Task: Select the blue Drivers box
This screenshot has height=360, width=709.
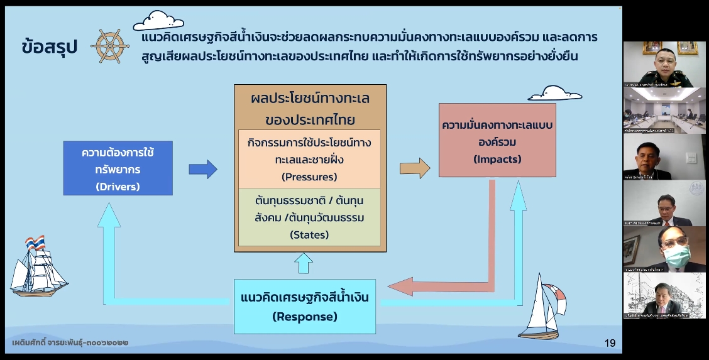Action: (118, 168)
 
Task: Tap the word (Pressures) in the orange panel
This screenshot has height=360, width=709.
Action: (310, 177)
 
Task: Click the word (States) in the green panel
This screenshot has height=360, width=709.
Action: (310, 235)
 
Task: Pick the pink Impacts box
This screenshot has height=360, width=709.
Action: (497, 141)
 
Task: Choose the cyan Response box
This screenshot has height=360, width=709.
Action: (305, 306)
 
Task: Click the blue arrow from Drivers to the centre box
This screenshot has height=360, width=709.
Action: (203, 168)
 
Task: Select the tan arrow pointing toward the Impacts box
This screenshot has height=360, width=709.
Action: (415, 168)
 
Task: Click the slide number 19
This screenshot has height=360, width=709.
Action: (610, 343)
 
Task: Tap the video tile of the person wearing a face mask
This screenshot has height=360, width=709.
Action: (664, 249)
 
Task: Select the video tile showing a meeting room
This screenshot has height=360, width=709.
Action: (664, 111)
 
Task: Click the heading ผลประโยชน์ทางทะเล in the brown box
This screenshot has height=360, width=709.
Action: (310, 99)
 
